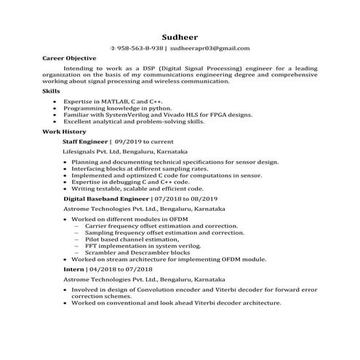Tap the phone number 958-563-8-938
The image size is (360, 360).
tap(140, 49)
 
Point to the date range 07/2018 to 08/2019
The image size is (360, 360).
tap(180, 198)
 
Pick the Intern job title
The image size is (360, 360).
tap(73, 268)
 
